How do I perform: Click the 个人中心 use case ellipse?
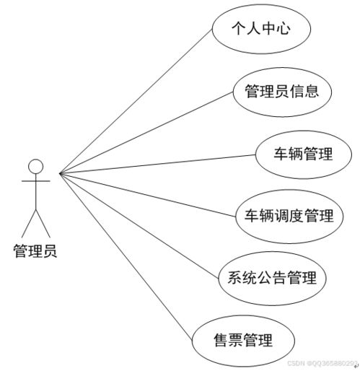(261, 29)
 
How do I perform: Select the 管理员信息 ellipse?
(282, 92)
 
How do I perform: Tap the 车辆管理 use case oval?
(303, 154)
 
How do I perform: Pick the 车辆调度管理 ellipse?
(289, 217)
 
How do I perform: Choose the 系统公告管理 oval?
(272, 279)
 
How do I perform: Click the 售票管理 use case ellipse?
(243, 341)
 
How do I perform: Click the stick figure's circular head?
(36, 167)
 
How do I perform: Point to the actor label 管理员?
(35, 251)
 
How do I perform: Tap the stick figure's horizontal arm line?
(36, 180)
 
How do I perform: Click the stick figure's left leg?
(29, 223)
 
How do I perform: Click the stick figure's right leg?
(43, 223)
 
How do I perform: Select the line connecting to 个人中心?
(136, 101)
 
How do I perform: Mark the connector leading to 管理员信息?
(146, 132)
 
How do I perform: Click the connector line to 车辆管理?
(157, 164)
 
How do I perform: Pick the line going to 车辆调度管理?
(147, 195)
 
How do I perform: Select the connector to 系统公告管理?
(139, 226)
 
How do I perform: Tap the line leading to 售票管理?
(126, 256)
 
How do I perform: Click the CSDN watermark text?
(322, 363)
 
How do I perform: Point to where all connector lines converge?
(60, 173)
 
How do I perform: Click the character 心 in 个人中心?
(283, 28)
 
